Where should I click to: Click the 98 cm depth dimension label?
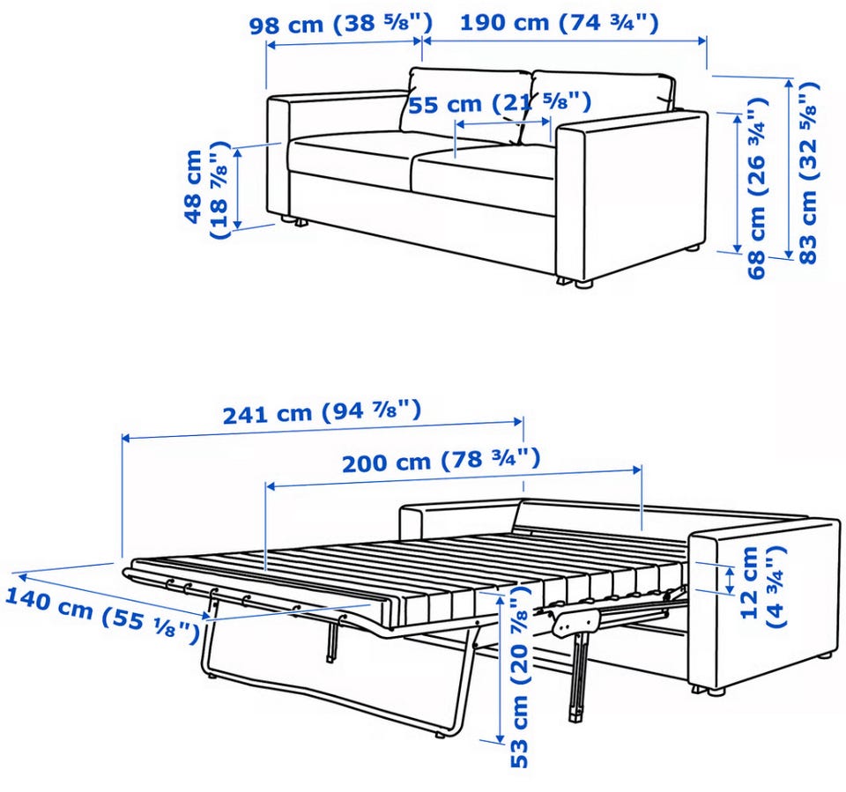point(341,24)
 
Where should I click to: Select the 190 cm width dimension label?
point(559,23)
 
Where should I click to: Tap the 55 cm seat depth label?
point(500,102)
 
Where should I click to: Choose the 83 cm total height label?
point(808,172)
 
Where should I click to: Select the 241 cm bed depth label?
point(323,411)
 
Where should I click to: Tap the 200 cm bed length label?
point(442,460)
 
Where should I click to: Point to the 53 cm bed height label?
point(519,679)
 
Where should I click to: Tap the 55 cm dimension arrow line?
point(503,123)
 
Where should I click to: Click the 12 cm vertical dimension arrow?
point(730,580)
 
